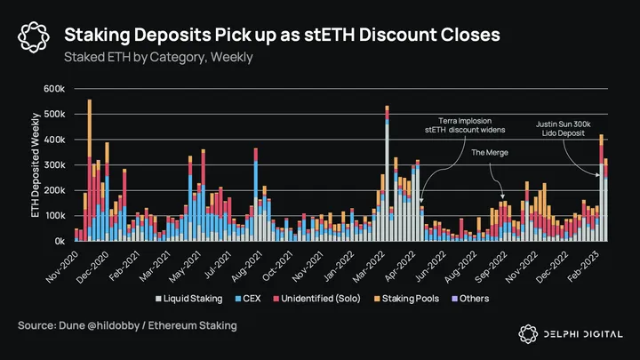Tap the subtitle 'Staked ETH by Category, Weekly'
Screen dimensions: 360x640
[x=159, y=57]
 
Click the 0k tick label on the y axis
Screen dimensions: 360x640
[x=59, y=241]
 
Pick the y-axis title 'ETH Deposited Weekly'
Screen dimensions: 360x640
[x=36, y=165]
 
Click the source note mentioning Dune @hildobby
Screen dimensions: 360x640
[x=127, y=326]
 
